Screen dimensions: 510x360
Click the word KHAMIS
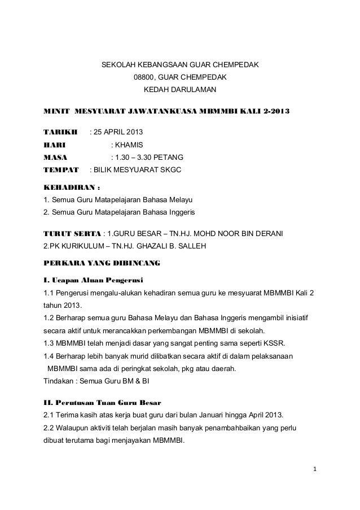coord(129,145)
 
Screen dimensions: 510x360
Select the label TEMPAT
coord(62,169)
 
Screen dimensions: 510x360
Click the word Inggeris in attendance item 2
coord(178,212)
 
